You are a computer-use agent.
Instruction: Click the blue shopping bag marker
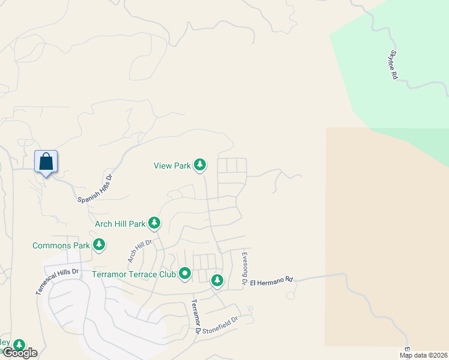point(46,162)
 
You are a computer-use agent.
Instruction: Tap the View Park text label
point(172,166)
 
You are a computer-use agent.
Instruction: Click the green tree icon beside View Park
point(200,165)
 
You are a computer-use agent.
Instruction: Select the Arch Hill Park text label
point(120,224)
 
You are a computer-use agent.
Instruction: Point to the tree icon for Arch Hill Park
point(154,224)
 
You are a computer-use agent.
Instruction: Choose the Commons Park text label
point(61,245)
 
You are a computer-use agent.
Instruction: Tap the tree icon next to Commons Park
point(99,245)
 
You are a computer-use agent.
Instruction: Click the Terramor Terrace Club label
point(134,274)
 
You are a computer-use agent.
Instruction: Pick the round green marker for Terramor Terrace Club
point(185,274)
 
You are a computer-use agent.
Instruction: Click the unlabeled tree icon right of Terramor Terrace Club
point(217,280)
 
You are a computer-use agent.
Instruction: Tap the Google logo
point(19,353)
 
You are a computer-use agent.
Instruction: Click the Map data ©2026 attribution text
point(423,355)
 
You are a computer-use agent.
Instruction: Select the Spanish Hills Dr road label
point(95,188)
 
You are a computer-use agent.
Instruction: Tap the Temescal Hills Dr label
point(57,281)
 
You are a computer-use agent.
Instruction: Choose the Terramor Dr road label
point(195,316)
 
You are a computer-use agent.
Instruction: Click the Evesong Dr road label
point(244,268)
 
